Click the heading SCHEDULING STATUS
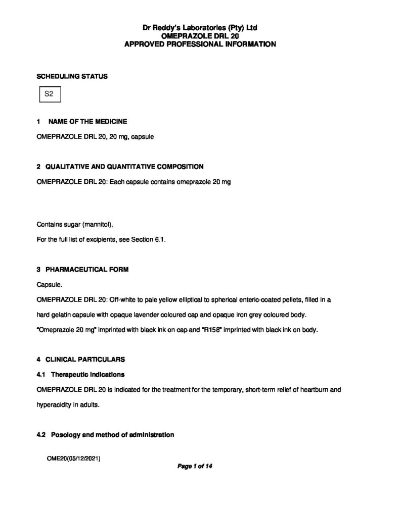[72, 77]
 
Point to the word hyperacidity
[54, 405]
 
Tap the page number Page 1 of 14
[195, 467]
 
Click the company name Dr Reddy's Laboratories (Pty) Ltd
[200, 27]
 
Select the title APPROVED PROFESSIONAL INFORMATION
[200, 44]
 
